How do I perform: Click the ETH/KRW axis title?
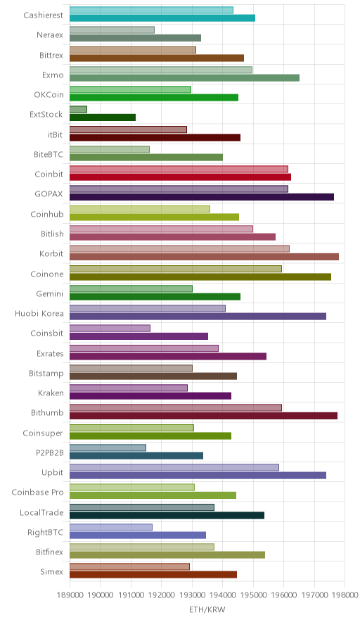[207, 609]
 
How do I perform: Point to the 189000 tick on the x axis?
[70, 595]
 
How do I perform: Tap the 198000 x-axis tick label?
[345, 595]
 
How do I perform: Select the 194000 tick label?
[222, 595]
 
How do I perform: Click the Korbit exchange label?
[51, 253]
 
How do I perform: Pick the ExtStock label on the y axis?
[46, 114]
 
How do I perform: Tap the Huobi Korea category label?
[39, 313]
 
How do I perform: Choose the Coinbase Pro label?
[37, 493]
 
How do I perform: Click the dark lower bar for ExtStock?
[103, 118]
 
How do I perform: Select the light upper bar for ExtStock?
[78, 110]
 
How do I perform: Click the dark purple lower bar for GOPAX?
[202, 197]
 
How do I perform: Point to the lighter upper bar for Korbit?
[179, 248]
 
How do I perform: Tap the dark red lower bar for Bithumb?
[203, 416]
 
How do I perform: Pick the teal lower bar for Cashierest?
[162, 18]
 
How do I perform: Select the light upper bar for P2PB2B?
[108, 448]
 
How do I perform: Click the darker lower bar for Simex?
[153, 574]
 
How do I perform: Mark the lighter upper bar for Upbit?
[174, 467]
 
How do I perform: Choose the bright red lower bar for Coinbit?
[181, 177]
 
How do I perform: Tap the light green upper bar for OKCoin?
[131, 89]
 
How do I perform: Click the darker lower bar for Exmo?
[184, 77]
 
